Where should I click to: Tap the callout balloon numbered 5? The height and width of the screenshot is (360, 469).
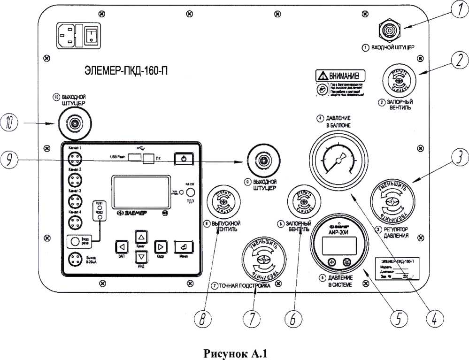[398, 319]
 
